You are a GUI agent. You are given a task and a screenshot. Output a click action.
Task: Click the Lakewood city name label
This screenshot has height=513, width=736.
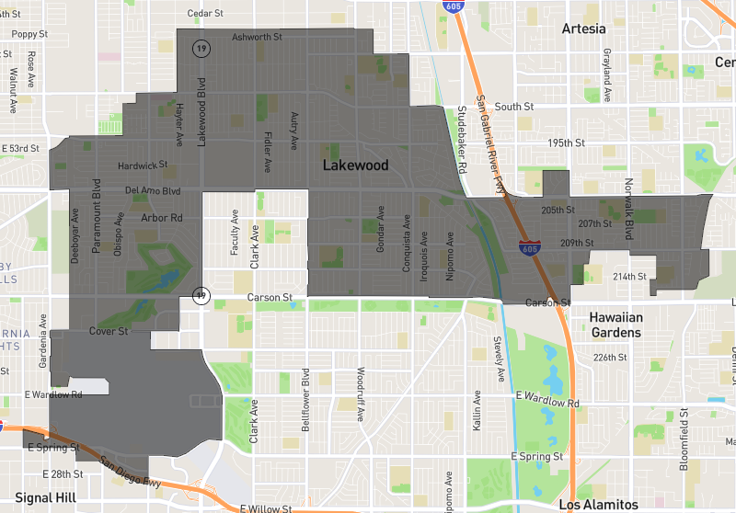[x=355, y=165]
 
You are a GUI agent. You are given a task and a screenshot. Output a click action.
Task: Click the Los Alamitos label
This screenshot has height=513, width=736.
[x=598, y=505]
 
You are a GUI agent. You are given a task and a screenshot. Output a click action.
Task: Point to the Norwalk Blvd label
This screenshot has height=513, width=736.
[x=629, y=209]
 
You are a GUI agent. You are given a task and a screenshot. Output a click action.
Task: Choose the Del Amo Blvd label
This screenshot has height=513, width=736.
[x=153, y=191]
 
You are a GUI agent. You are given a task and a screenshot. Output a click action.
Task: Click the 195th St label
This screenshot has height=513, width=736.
[x=566, y=143]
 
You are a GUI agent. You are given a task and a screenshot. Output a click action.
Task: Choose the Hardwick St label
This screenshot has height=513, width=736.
[x=143, y=166]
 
